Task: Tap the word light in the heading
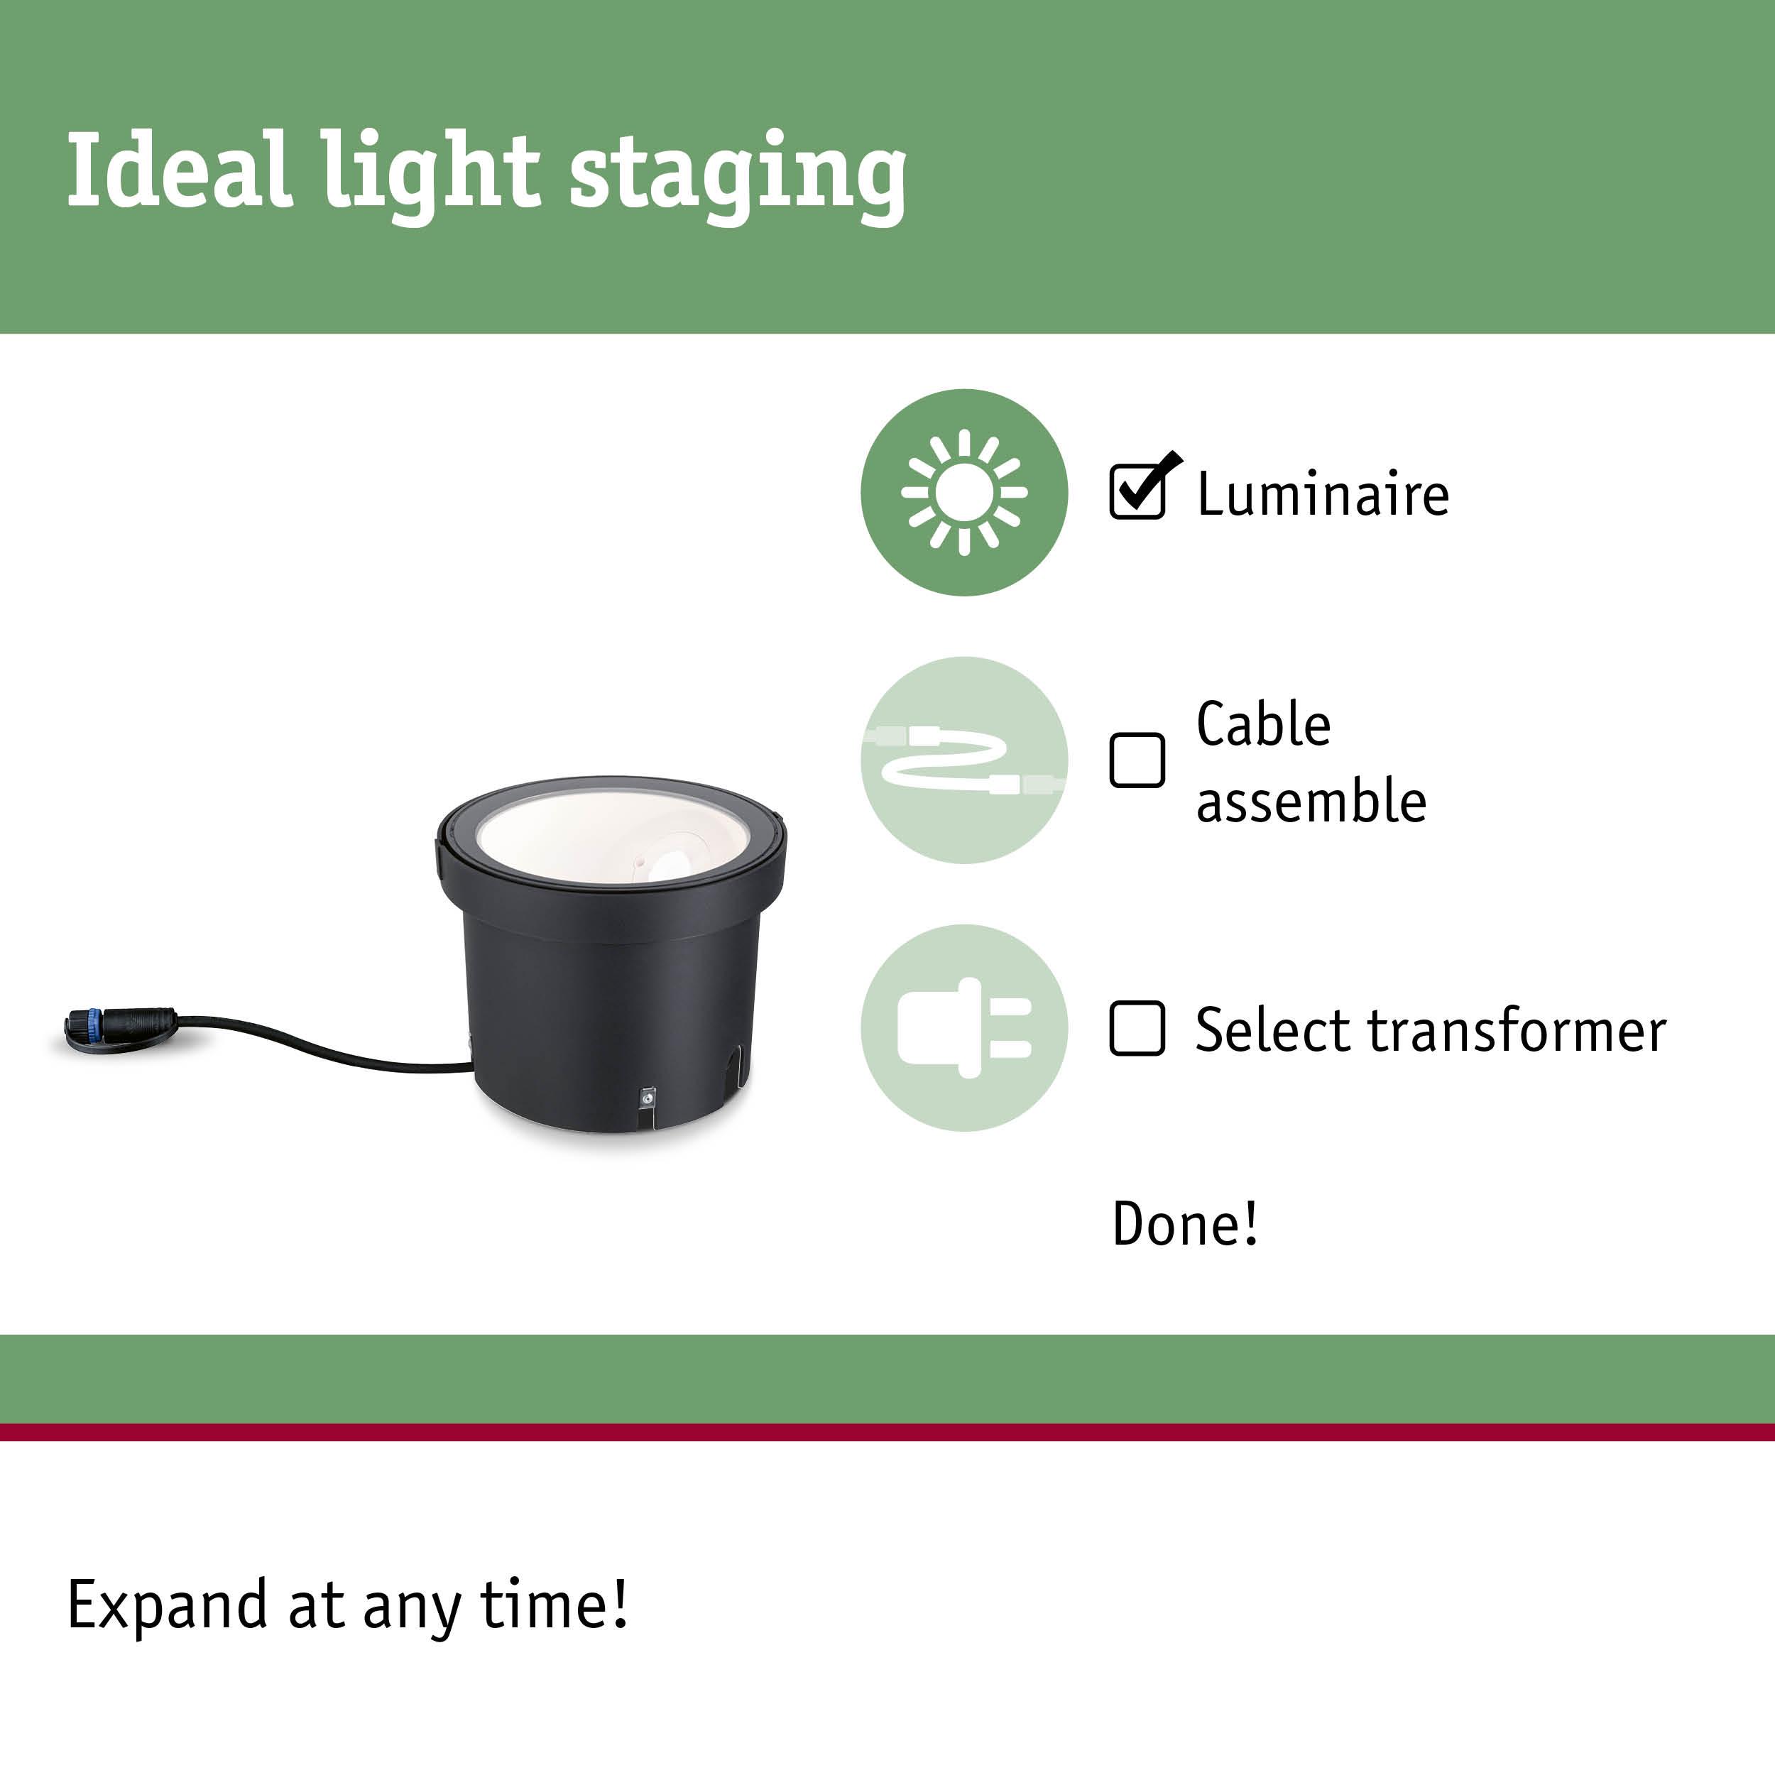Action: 431,175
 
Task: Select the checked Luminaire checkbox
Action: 1137,491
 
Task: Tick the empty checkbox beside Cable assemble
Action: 1137,760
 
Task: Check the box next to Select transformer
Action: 1137,1028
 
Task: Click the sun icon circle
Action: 963,493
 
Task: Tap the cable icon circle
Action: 963,760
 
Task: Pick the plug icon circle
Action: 963,1028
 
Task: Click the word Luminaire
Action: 1323,494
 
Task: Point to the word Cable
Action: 1263,724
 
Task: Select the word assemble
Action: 1311,800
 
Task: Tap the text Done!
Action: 1185,1224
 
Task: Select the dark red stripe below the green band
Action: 887,1432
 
